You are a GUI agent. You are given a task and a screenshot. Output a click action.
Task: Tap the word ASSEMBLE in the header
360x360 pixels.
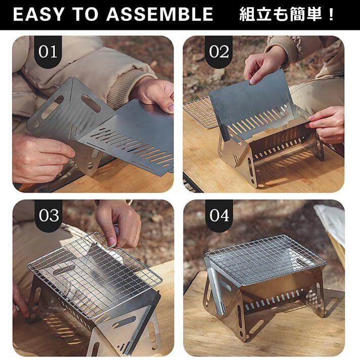[160, 14]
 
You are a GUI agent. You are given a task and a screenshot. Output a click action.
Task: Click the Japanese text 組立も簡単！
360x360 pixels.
[287, 14]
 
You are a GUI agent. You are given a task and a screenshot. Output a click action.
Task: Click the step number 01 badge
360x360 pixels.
[48, 52]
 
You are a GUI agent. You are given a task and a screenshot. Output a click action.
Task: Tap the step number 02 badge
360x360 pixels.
[219, 52]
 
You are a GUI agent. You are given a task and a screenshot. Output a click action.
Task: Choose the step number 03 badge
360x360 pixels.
[49, 215]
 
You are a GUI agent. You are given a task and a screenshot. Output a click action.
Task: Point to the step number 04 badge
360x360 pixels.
[219, 215]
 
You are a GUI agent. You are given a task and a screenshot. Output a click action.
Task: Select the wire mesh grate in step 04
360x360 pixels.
[265, 260]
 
